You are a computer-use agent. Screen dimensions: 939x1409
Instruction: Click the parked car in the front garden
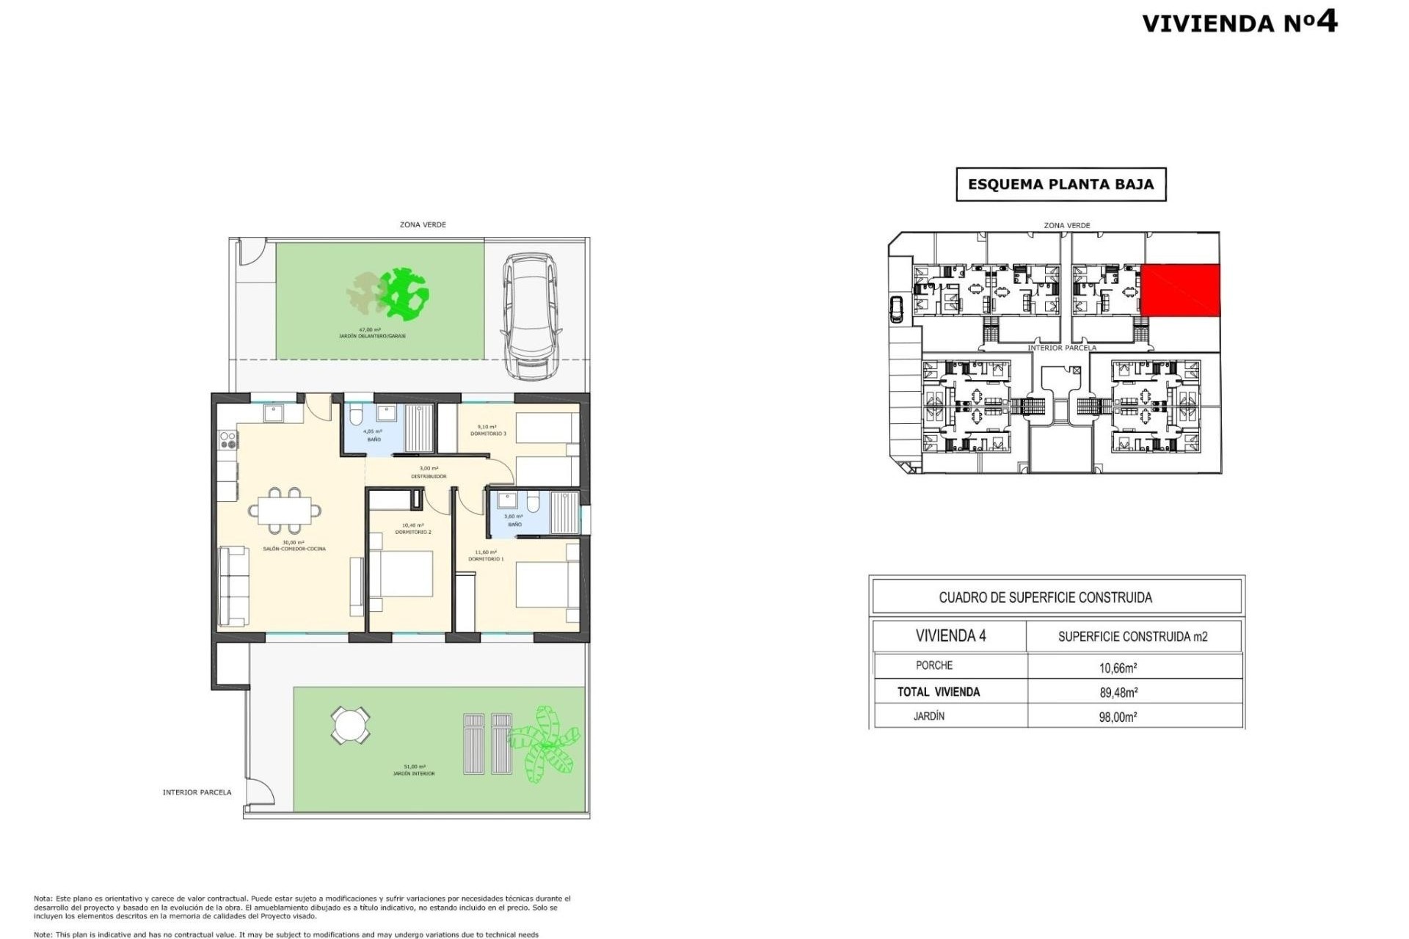click(530, 316)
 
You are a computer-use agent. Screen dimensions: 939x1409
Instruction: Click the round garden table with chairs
click(349, 726)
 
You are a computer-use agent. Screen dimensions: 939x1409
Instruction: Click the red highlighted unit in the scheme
click(1180, 291)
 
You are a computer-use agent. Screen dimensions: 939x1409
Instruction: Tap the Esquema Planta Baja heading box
click(1060, 185)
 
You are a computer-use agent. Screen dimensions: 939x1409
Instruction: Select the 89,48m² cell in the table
click(1118, 692)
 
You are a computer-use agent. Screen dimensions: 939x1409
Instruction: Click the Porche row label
click(934, 665)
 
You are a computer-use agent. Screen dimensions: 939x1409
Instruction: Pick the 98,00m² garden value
click(1118, 717)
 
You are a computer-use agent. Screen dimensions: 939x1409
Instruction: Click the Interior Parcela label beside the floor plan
click(197, 792)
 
